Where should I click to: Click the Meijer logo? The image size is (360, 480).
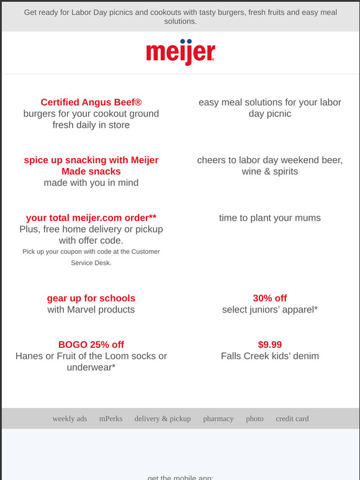tap(180, 52)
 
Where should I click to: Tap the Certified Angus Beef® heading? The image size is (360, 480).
tap(91, 102)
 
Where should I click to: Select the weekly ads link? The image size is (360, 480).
tap(70, 419)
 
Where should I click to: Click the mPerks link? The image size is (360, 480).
tap(110, 419)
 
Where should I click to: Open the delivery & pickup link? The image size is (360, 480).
tap(163, 419)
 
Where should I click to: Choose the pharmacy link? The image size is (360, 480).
tap(218, 419)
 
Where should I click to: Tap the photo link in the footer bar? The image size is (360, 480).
tap(254, 419)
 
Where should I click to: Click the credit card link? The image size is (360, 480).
tap(292, 419)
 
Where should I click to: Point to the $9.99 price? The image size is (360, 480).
tap(269, 345)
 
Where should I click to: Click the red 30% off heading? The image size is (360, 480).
tap(269, 298)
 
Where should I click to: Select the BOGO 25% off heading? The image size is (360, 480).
tap(91, 345)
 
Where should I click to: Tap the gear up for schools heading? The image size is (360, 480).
tap(91, 298)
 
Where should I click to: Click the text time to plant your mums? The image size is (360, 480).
tap(269, 218)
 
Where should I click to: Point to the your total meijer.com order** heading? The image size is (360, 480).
tap(91, 218)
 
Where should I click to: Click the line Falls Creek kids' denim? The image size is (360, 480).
tap(269, 356)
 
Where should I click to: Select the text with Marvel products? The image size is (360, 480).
tap(91, 309)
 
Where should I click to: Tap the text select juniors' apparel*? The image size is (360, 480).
tap(269, 309)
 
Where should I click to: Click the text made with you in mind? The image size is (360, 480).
tap(91, 183)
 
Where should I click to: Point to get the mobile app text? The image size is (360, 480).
tap(180, 478)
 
